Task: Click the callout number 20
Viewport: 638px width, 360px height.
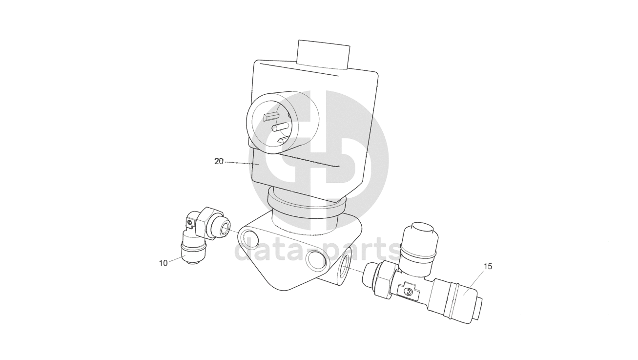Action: (x=219, y=162)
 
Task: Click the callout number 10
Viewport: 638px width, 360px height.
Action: (x=163, y=263)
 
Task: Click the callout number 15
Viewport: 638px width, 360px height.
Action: (x=488, y=267)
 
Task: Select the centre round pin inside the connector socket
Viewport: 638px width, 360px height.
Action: (x=281, y=127)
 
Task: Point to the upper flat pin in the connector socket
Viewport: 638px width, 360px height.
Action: (x=270, y=116)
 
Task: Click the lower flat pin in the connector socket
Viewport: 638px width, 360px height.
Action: (x=284, y=140)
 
